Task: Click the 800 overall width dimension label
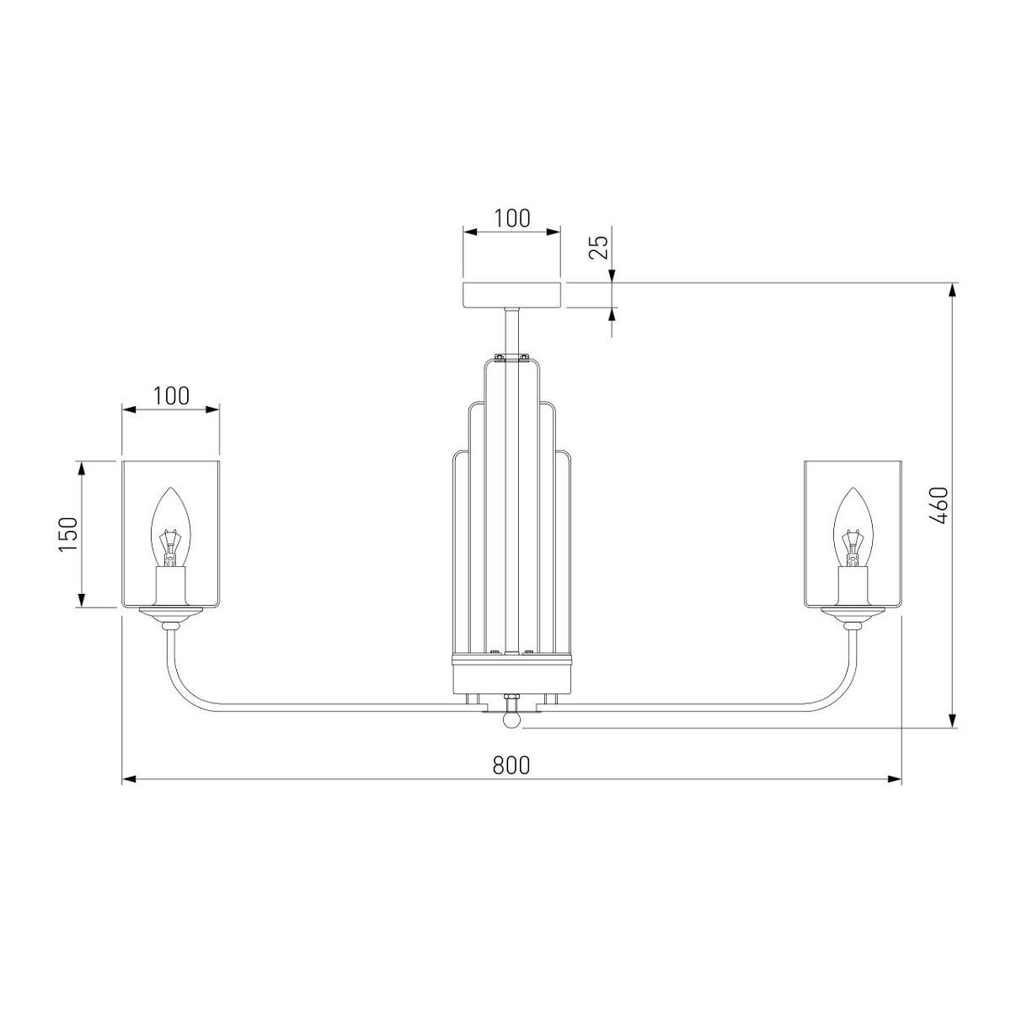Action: coord(511,766)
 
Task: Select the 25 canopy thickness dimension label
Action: coord(599,246)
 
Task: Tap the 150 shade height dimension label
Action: coord(68,534)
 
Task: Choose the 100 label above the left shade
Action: coord(170,396)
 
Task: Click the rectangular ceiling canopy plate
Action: coord(512,295)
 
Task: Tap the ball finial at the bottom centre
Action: coord(512,719)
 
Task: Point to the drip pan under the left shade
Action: coord(170,612)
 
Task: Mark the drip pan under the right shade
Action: coord(853,612)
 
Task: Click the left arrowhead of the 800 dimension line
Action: coord(129,779)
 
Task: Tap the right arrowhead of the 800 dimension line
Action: coord(894,779)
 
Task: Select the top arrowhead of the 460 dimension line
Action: coord(953,290)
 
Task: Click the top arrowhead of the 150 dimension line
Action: coord(81,468)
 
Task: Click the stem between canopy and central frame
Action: coord(512,332)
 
